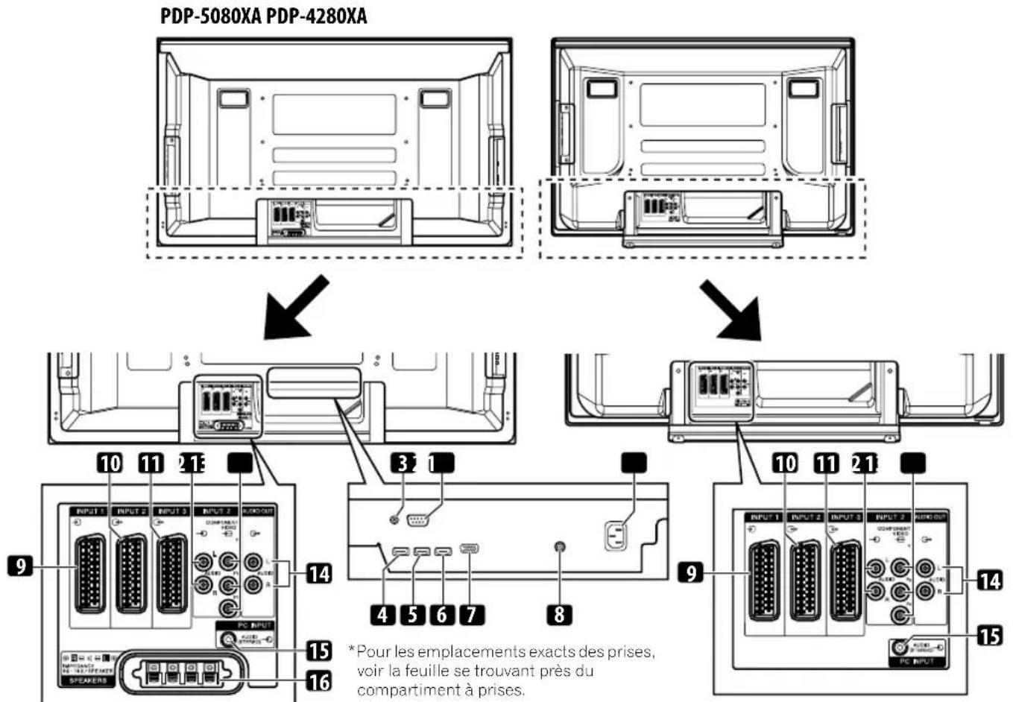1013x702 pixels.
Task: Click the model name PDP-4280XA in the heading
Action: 316,16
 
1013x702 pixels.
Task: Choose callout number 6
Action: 441,615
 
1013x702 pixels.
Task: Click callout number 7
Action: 471,615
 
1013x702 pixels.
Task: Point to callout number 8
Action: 559,615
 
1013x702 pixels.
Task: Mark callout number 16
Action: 319,680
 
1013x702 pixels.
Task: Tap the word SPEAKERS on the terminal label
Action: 87,680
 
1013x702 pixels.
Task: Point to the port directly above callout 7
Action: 470,549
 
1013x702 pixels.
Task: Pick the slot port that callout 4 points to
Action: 400,552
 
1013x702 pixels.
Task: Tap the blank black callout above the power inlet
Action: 634,463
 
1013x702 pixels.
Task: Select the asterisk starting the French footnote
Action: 351,650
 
